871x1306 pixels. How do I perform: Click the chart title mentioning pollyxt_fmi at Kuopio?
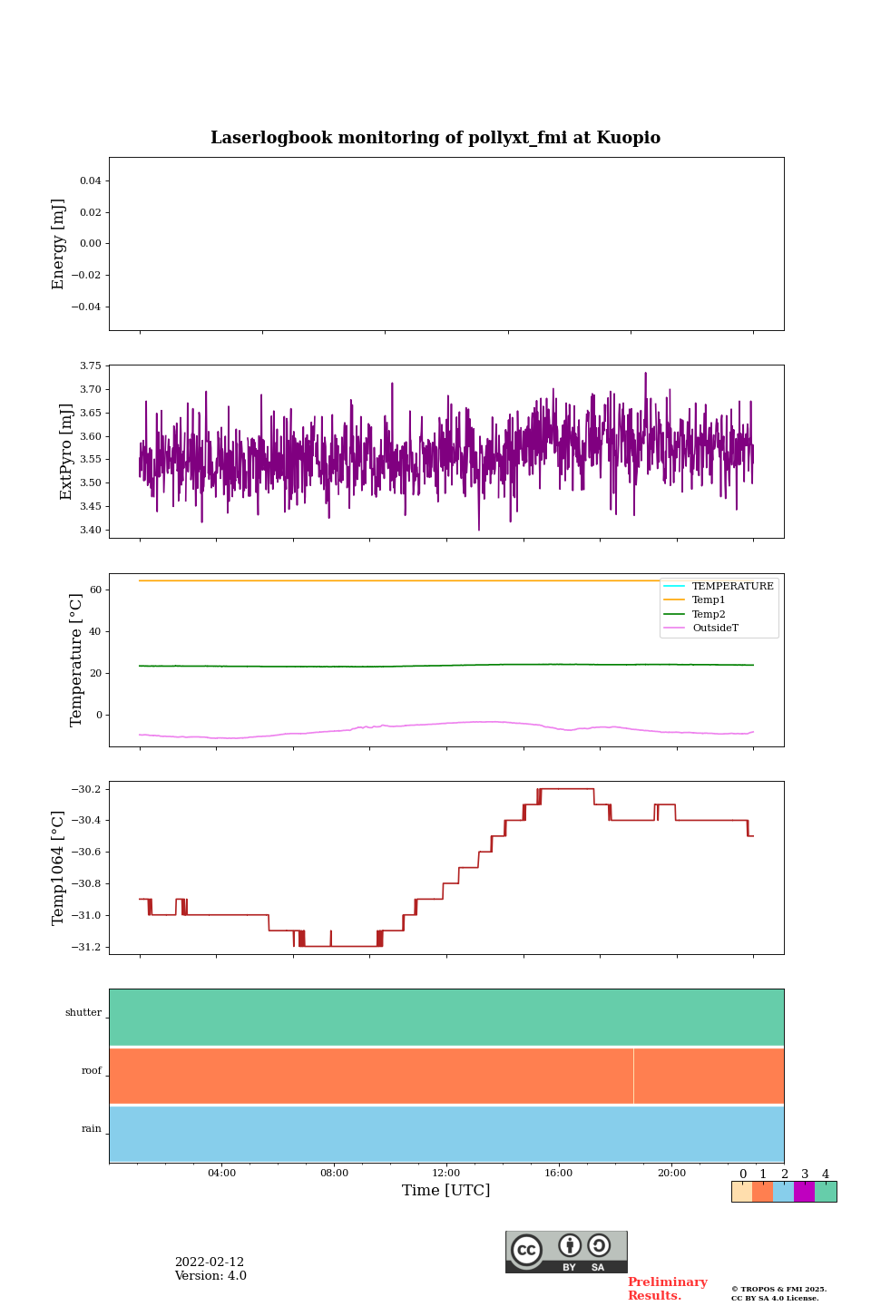point(435,138)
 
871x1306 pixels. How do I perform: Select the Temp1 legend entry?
point(709,600)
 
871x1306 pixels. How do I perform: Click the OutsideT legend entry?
point(715,629)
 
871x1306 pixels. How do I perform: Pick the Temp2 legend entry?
point(709,615)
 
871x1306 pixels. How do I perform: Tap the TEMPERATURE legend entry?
point(732,587)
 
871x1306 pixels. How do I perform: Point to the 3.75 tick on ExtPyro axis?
point(92,366)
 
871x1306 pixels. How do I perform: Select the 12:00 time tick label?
point(446,1174)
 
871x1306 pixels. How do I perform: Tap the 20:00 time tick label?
point(671,1174)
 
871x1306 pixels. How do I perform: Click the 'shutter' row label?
point(83,1013)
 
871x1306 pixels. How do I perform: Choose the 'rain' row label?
point(92,1129)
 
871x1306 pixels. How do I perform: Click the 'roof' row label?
point(92,1071)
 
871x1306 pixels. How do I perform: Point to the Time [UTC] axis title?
point(446,1191)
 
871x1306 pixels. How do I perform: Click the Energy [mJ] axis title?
point(59,244)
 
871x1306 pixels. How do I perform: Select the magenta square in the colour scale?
point(804,1192)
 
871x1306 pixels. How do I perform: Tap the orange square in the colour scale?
point(762,1192)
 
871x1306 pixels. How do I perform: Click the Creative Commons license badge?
point(566,1252)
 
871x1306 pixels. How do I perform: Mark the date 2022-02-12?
point(210,1262)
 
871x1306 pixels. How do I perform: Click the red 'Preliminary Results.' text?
point(667,1289)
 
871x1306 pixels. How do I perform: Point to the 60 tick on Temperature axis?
point(95,590)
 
